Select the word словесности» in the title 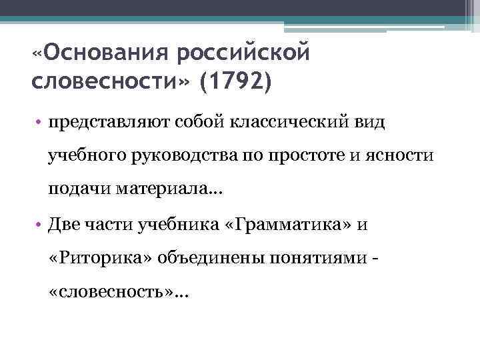coord(110,83)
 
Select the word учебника coord(167,225)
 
